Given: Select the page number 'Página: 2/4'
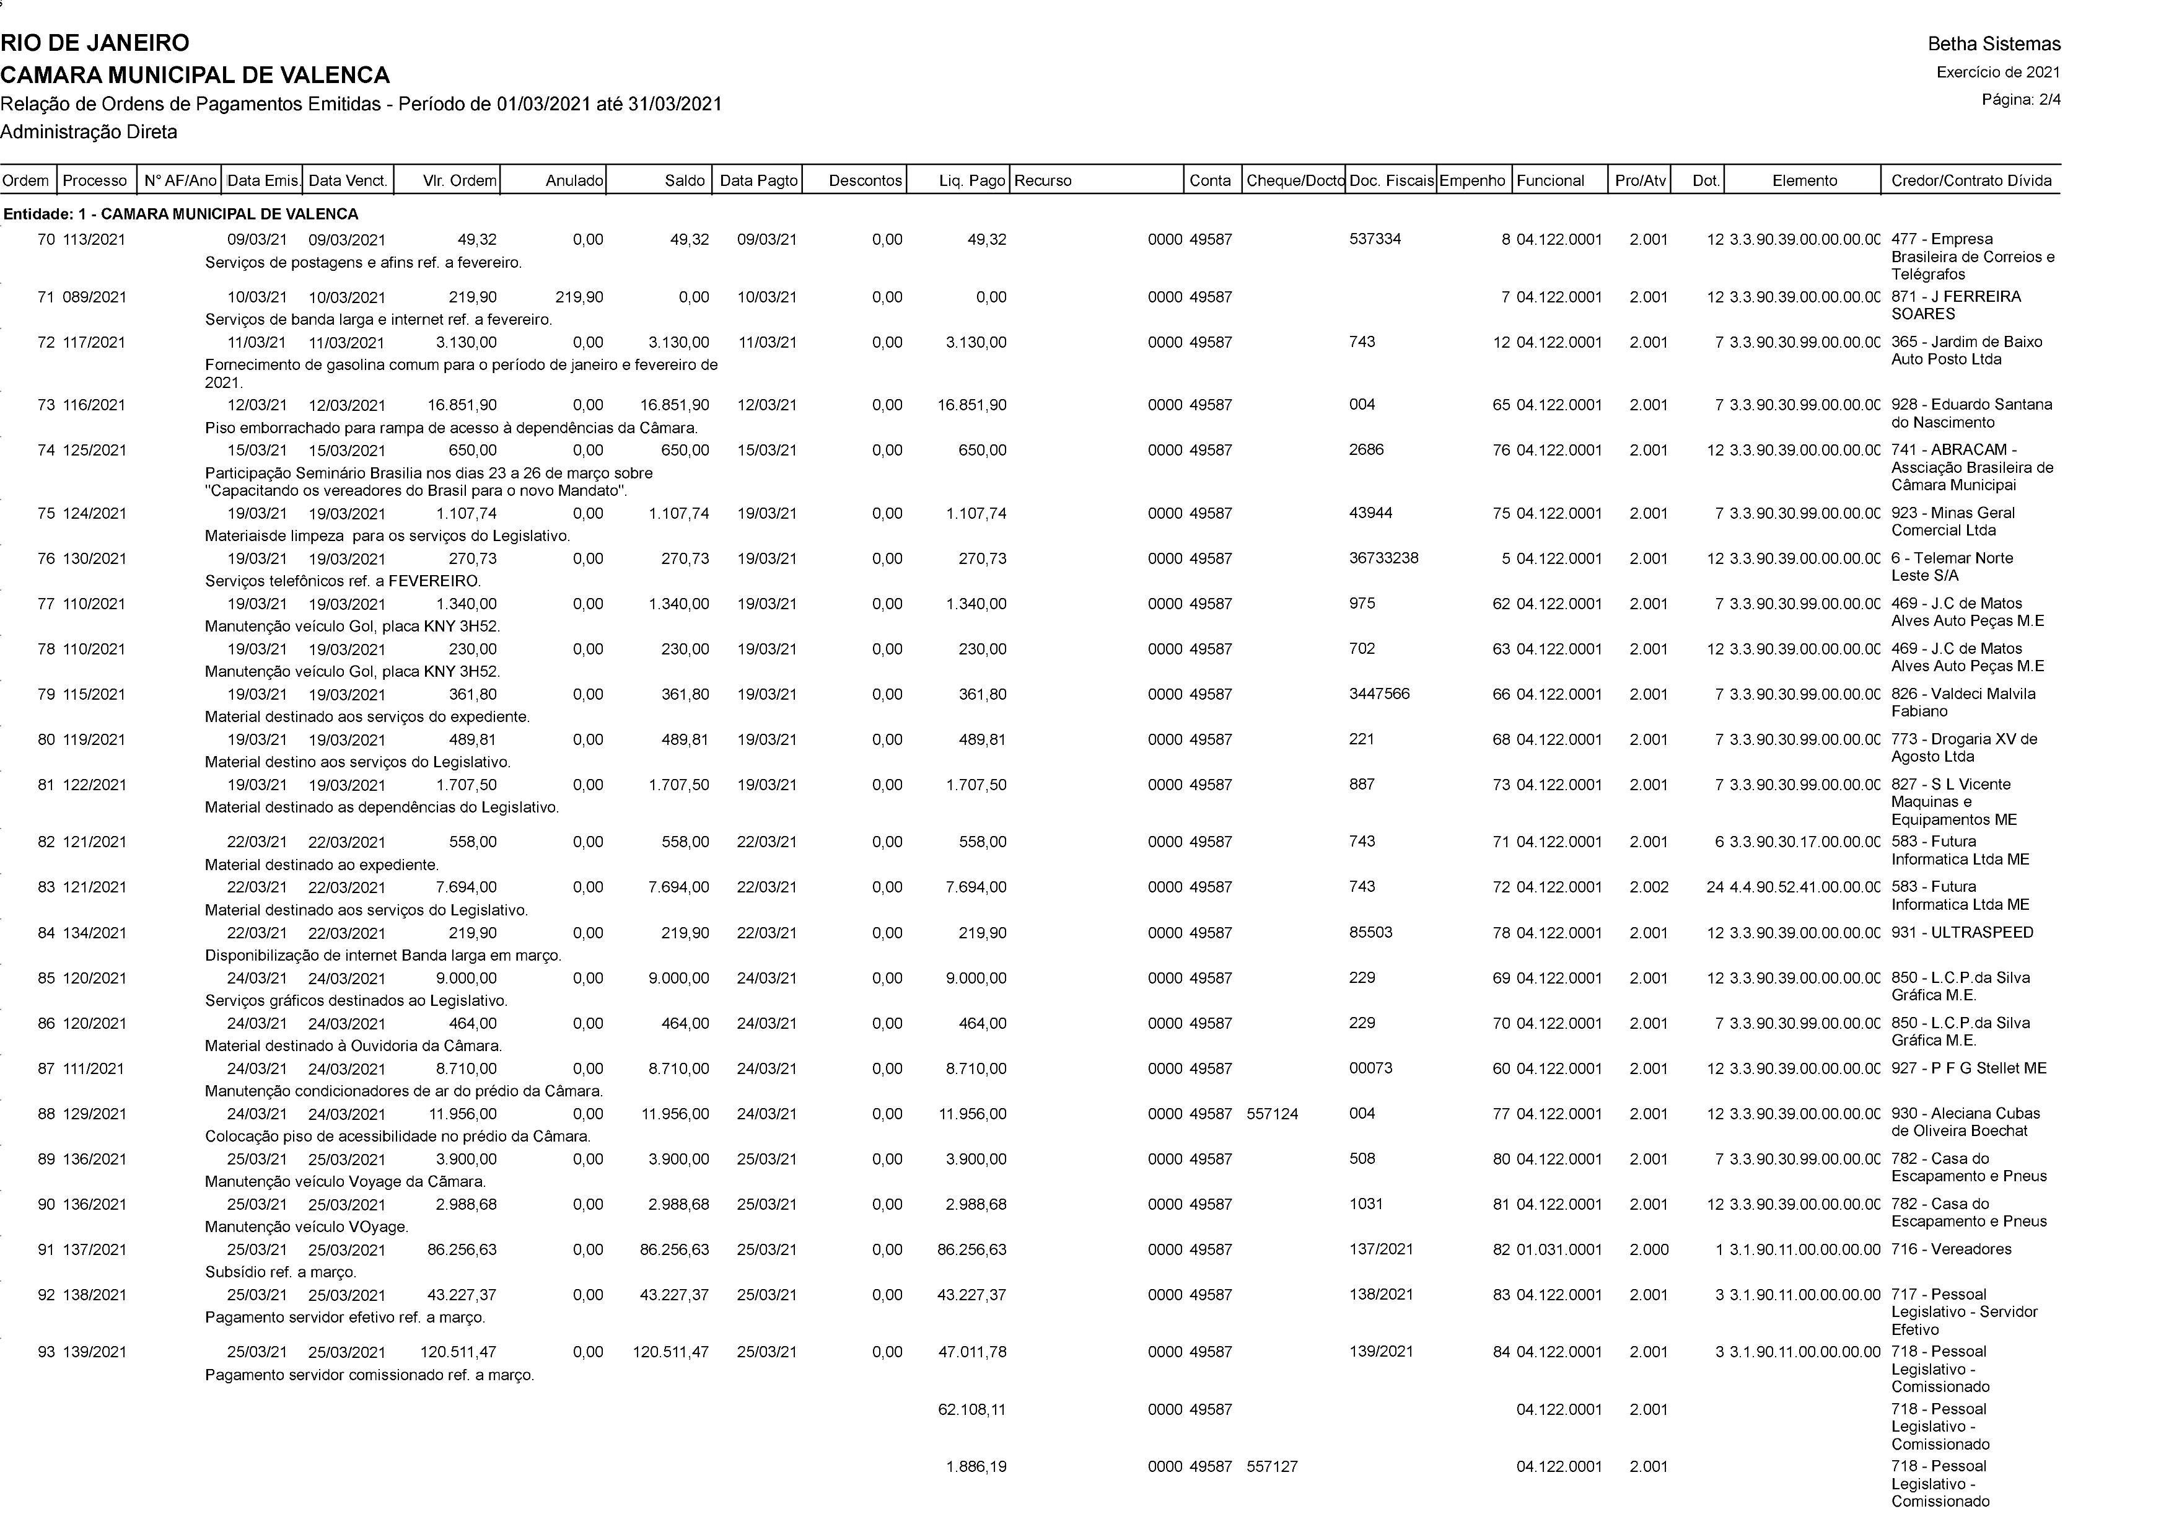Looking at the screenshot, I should pyautogui.click(x=2020, y=99).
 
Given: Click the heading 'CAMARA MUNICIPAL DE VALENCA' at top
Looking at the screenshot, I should pyautogui.click(x=195, y=75).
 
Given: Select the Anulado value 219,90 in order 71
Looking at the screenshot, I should pyautogui.click(x=579, y=297).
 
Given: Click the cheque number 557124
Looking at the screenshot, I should pyautogui.click(x=1272, y=1114).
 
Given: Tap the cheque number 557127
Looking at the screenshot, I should pyautogui.click(x=1272, y=1467).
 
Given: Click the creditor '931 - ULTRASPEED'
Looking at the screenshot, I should pyautogui.click(x=1962, y=933).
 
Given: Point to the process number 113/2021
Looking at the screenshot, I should pyautogui.click(x=94, y=240).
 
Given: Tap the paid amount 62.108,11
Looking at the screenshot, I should pyautogui.click(x=971, y=1410).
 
